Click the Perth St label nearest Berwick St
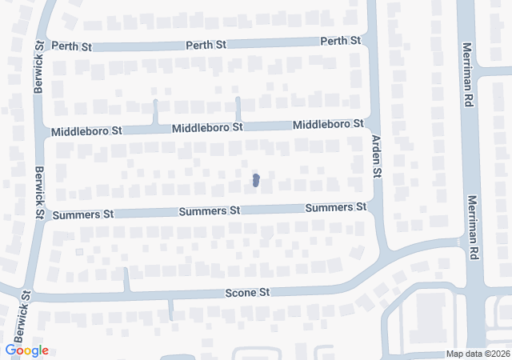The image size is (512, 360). (72, 47)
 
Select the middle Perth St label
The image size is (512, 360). (207, 44)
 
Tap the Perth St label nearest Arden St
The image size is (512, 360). (341, 41)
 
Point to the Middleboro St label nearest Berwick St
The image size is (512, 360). (86, 130)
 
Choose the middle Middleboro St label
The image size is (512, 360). (207, 127)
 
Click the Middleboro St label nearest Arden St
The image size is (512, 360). (328, 125)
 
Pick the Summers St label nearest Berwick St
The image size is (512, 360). (83, 214)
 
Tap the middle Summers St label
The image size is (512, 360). (210, 211)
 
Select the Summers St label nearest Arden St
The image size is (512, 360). (336, 208)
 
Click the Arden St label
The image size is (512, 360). (376, 155)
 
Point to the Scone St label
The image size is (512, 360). (247, 293)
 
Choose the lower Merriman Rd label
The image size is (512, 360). (473, 227)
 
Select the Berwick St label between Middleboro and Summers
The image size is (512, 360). (38, 192)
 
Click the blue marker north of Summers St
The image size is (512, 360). (255, 181)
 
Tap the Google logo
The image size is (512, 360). (26, 350)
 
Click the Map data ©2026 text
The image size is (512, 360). (477, 354)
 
